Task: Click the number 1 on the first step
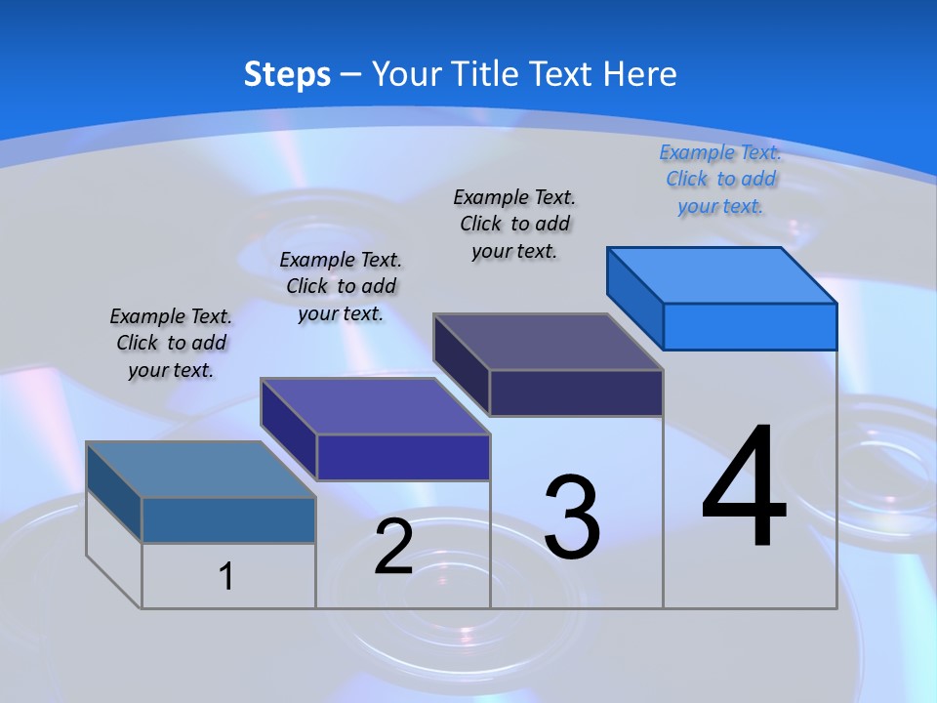point(226,576)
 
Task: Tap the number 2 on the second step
point(393,547)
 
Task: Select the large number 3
point(572,517)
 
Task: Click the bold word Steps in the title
point(287,74)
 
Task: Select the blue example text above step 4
point(720,179)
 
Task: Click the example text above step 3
point(514,224)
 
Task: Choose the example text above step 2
point(341,286)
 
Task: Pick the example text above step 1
point(171,343)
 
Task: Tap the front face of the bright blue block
point(750,326)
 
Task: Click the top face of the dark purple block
point(548,342)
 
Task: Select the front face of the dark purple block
point(576,393)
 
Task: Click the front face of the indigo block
point(403,457)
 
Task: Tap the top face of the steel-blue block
point(200,470)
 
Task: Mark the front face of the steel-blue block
point(228,519)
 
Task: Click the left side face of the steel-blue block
point(114,492)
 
